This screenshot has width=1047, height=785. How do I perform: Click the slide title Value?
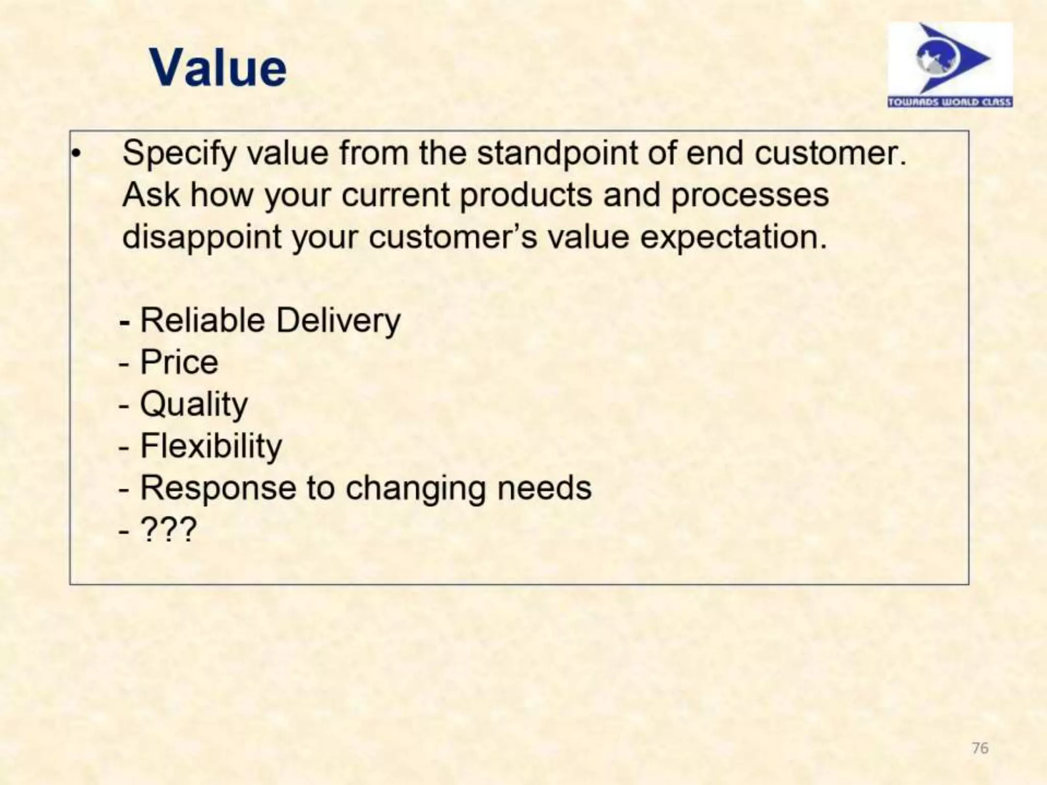pyautogui.click(x=218, y=68)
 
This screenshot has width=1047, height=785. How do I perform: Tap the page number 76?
pyautogui.click(x=980, y=748)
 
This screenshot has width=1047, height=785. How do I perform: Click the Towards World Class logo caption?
pyautogui.click(x=950, y=102)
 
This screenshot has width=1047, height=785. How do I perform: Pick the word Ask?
pyautogui.click(x=151, y=195)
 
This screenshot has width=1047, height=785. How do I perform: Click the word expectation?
pyautogui.click(x=734, y=238)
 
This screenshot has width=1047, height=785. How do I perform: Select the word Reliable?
pyautogui.click(x=202, y=320)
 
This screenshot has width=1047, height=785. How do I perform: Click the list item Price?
pyautogui.click(x=179, y=362)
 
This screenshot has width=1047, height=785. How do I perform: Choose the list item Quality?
pyautogui.click(x=194, y=405)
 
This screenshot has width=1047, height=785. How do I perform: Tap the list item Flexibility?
pyautogui.click(x=211, y=446)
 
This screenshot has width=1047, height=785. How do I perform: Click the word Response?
pyautogui.click(x=218, y=489)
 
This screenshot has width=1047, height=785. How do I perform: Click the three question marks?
pyautogui.click(x=168, y=529)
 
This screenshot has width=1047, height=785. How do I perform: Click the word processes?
pyautogui.click(x=749, y=196)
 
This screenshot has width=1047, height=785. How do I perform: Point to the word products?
pyautogui.click(x=526, y=196)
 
